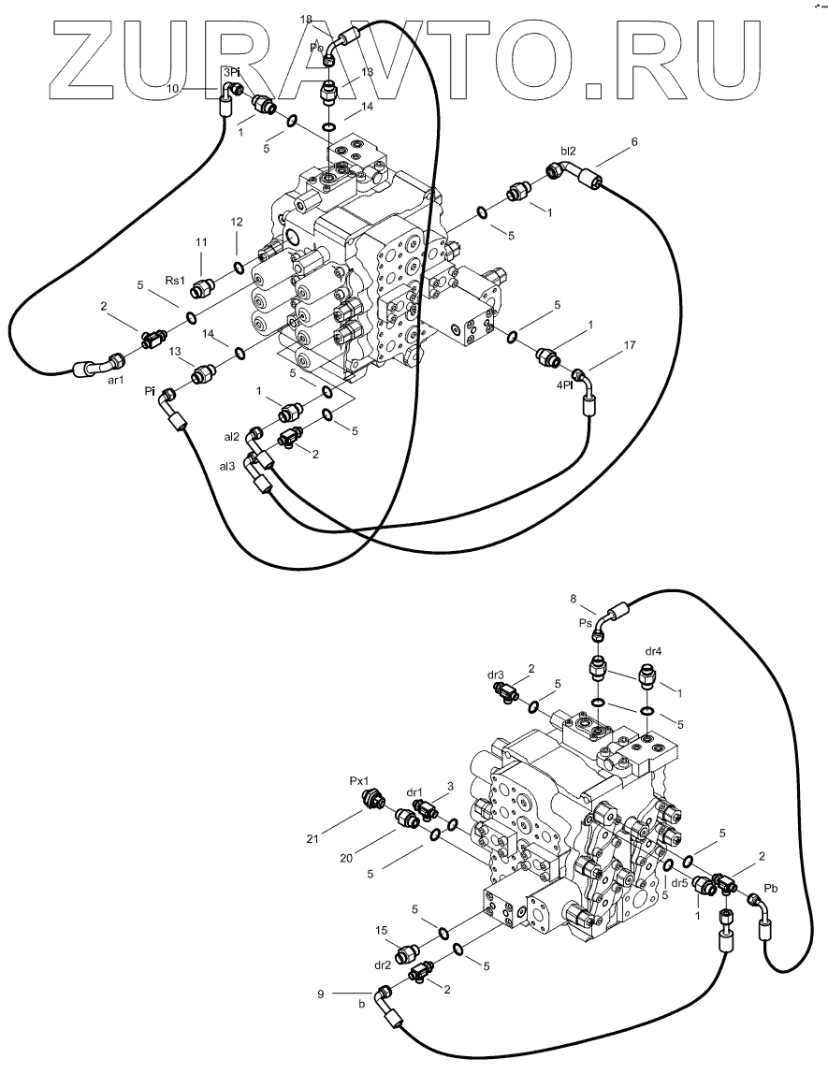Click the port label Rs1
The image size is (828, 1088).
(x=175, y=280)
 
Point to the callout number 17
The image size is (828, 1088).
(x=629, y=345)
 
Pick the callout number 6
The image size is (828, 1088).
(x=634, y=141)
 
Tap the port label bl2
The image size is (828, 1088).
(x=568, y=151)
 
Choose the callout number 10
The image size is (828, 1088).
(x=173, y=88)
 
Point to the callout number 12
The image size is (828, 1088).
(x=237, y=222)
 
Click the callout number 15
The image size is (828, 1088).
(x=382, y=931)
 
